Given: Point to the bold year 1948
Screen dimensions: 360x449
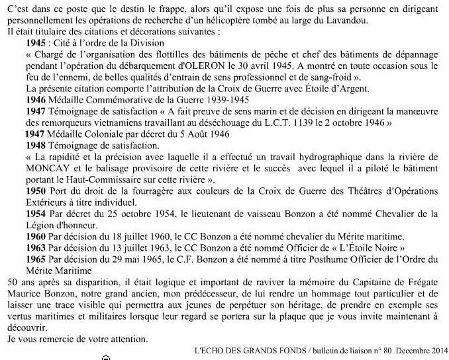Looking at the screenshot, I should pos(31,144).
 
